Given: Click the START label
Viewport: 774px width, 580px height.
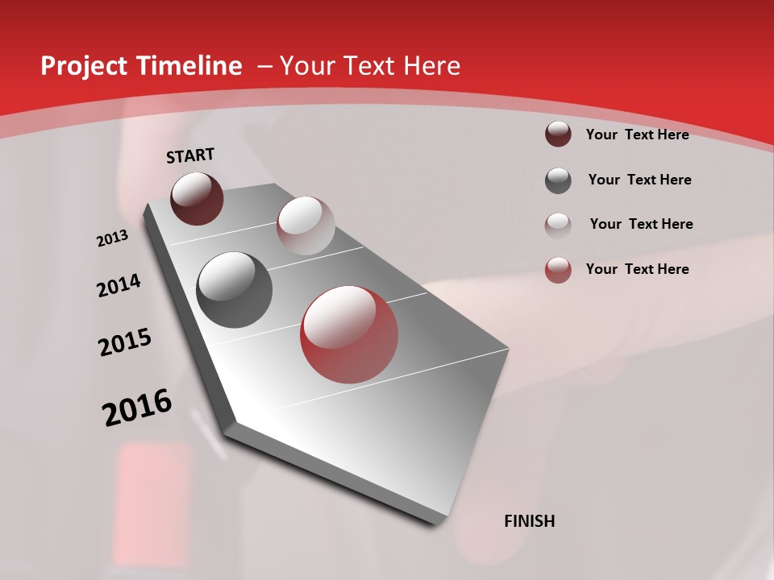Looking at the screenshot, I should pyautogui.click(x=190, y=155).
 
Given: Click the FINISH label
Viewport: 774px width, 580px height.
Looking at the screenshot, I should pyautogui.click(x=529, y=521).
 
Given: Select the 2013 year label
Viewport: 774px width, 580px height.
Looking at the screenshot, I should pyautogui.click(x=113, y=238).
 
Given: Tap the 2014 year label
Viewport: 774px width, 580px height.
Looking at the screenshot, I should pyautogui.click(x=119, y=285).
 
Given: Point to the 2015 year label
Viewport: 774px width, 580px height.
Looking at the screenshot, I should pyautogui.click(x=125, y=342).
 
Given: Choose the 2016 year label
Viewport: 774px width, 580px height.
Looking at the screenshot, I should pyautogui.click(x=137, y=407).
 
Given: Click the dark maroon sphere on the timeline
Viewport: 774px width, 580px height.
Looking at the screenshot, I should pyautogui.click(x=197, y=198).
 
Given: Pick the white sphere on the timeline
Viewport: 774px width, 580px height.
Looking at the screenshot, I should pyautogui.click(x=306, y=226).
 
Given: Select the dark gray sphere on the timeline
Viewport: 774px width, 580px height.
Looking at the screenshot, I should pyautogui.click(x=234, y=290).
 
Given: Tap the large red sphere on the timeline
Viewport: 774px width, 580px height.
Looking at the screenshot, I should pyautogui.click(x=349, y=334).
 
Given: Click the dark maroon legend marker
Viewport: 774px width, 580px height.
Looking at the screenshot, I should pyautogui.click(x=558, y=135).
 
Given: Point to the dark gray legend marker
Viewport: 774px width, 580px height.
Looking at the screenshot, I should pyautogui.click(x=558, y=180).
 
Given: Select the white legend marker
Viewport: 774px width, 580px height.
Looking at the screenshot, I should pyautogui.click(x=558, y=225).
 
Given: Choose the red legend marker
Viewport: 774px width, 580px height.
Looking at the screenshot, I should pyautogui.click(x=558, y=270).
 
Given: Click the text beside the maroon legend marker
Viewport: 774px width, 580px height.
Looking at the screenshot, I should pyautogui.click(x=637, y=135).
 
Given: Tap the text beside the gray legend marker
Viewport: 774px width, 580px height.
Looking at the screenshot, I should pyautogui.click(x=639, y=180).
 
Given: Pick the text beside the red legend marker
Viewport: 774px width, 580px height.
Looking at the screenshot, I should pyautogui.click(x=637, y=269).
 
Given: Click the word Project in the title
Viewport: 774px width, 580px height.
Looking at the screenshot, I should pyautogui.click(x=85, y=66).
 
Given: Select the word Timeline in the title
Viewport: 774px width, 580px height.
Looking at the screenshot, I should pyautogui.click(x=190, y=66).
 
